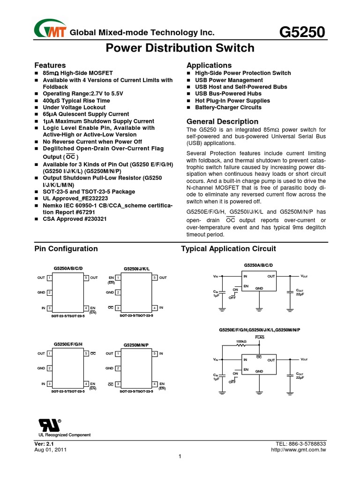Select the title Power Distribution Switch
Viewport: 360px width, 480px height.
(x=180, y=48)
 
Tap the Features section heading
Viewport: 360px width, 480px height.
(x=50, y=65)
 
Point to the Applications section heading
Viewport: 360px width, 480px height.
(x=209, y=65)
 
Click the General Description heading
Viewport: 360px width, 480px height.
(x=222, y=121)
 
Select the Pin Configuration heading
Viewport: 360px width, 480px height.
(x=66, y=249)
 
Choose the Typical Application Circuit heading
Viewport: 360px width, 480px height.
(x=228, y=249)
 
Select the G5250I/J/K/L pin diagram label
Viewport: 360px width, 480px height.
(x=136, y=269)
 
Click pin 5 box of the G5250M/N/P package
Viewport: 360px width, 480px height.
(x=155, y=353)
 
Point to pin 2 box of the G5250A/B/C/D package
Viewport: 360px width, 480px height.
(x=49, y=292)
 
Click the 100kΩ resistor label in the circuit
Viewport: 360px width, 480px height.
(x=241, y=341)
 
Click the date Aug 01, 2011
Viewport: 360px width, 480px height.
(x=51, y=450)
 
